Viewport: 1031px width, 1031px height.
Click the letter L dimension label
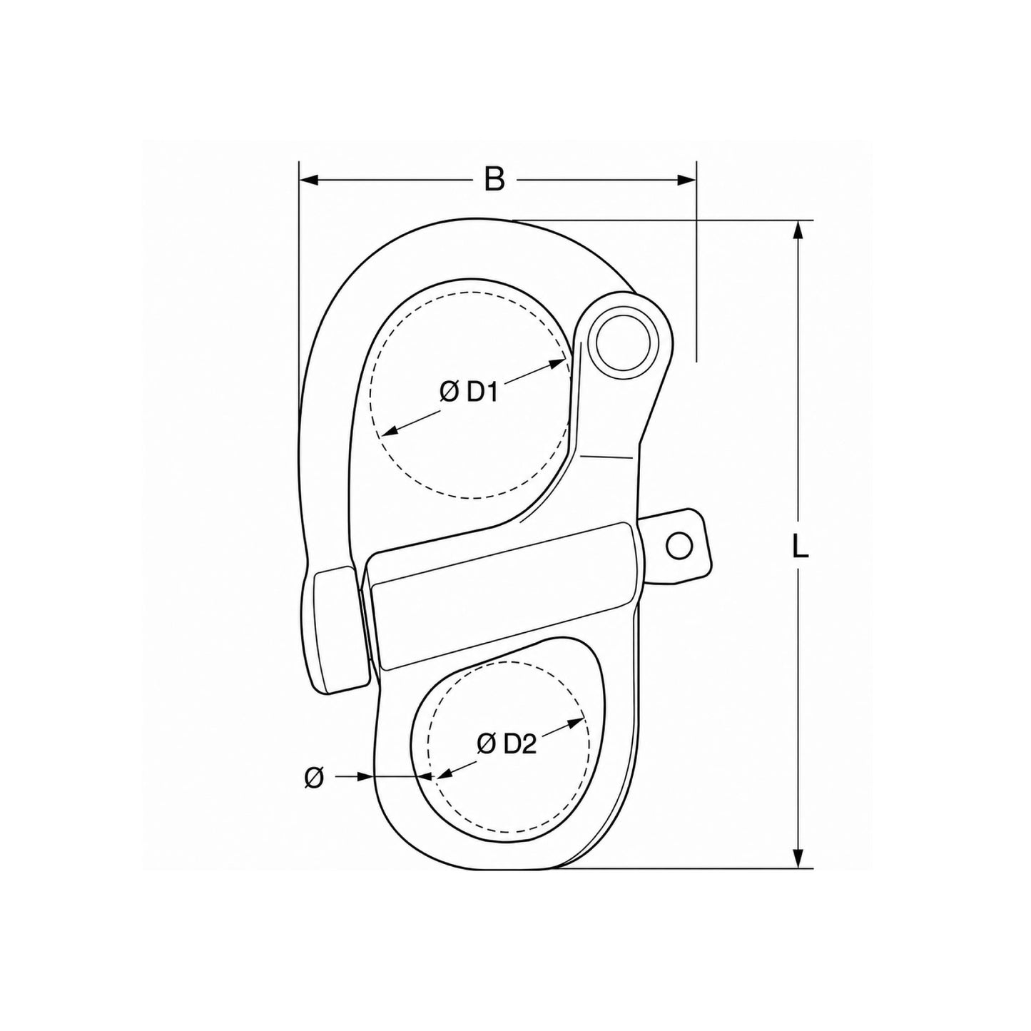coord(800,546)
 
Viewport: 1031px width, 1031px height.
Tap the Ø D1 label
coord(469,393)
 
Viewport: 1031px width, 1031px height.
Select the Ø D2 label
coord(506,744)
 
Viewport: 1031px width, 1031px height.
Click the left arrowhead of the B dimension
coord(309,180)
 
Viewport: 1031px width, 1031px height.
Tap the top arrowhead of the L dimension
coord(799,230)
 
